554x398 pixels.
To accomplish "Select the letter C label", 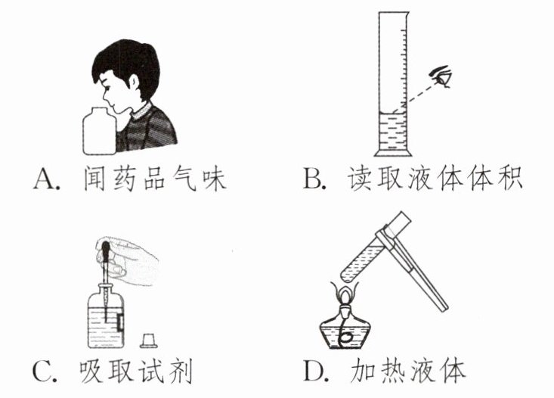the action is coord(42,371).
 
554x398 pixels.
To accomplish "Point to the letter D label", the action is coord(314,371).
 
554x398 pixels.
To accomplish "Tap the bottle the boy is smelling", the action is coord(99,131).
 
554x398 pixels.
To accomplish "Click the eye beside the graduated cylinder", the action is coord(441,76).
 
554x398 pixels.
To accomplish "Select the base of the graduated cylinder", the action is coord(393,153).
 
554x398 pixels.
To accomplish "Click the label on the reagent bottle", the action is coord(121,322).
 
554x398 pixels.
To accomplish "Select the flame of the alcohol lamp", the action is coord(345,293).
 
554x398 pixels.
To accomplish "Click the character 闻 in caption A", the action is coord(94,179).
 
